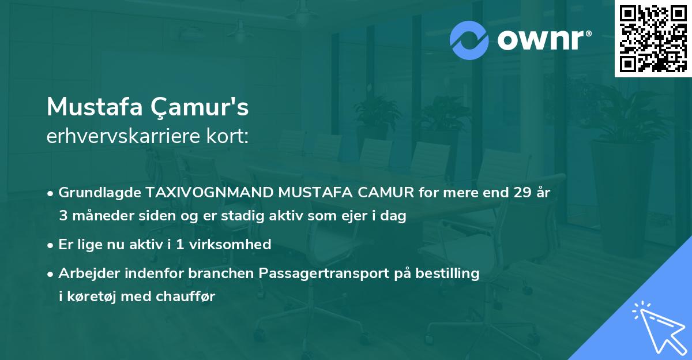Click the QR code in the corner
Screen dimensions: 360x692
[653, 39]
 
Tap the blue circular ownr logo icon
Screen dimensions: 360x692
[469, 40]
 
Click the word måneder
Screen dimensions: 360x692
[100, 216]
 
